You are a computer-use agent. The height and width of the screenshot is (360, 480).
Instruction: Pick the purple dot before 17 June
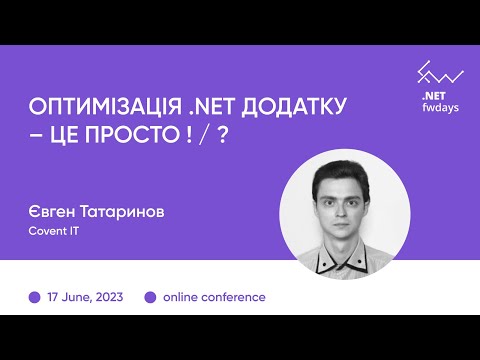point(35,297)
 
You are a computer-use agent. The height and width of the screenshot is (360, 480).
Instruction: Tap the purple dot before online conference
point(151,297)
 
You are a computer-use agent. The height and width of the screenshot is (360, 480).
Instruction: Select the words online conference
point(213,297)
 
